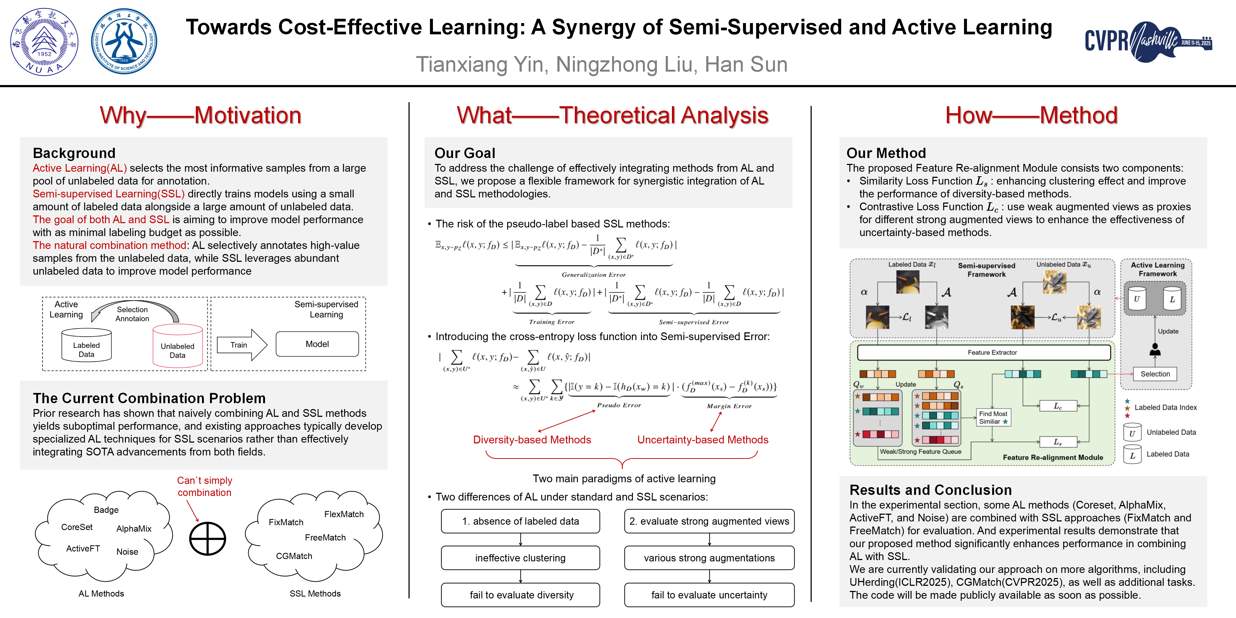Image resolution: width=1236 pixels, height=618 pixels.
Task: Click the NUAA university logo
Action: pyautogui.click(x=44, y=42)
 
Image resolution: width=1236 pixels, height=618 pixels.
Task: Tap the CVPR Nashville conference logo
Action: pyautogui.click(x=1148, y=42)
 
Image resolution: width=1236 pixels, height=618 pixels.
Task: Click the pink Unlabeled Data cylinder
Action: pyautogui.click(x=178, y=347)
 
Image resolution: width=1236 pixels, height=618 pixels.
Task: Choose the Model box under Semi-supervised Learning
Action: pyautogui.click(x=317, y=344)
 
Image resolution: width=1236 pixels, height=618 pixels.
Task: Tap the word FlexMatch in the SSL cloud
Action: pyautogui.click(x=344, y=514)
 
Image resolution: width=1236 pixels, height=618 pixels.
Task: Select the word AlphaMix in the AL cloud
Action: pyautogui.click(x=134, y=528)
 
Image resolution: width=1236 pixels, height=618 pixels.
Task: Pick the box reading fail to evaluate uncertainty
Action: pyautogui.click(x=709, y=595)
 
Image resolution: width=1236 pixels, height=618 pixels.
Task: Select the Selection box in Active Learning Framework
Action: pyautogui.click(x=1155, y=374)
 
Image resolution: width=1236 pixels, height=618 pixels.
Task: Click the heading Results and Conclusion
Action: pyautogui.click(x=930, y=490)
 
